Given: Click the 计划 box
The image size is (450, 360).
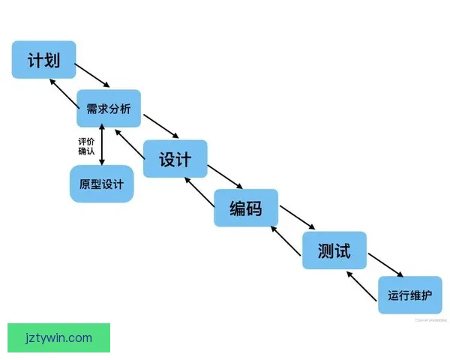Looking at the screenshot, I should pos(43,59).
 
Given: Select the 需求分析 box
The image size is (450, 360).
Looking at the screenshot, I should pos(109,109).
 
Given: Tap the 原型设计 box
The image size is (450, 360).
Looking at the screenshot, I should pos(101,184).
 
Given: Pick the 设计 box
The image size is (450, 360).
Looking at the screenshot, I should pos(175,159).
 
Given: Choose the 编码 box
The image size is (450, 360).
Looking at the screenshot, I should pos(246,208).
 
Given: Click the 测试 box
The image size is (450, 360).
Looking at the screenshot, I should pos(334,250).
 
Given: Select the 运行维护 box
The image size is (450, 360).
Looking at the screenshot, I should pos(409,295).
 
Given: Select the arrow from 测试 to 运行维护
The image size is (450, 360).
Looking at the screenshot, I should pos(386,263).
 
